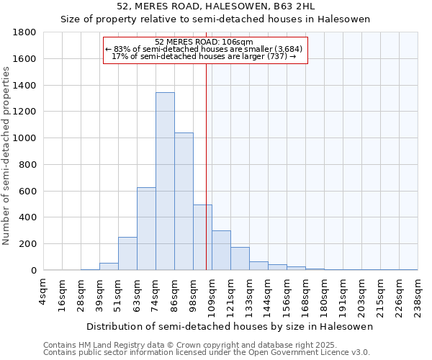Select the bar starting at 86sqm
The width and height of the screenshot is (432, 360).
tap(184, 202)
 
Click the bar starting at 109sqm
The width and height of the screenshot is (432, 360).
tap(221, 251)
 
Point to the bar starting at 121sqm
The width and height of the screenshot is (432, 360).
tap(240, 258)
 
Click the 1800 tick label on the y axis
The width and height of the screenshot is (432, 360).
tap(25, 32)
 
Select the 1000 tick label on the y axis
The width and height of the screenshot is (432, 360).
tap(25, 138)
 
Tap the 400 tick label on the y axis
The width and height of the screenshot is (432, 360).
tap(28, 217)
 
